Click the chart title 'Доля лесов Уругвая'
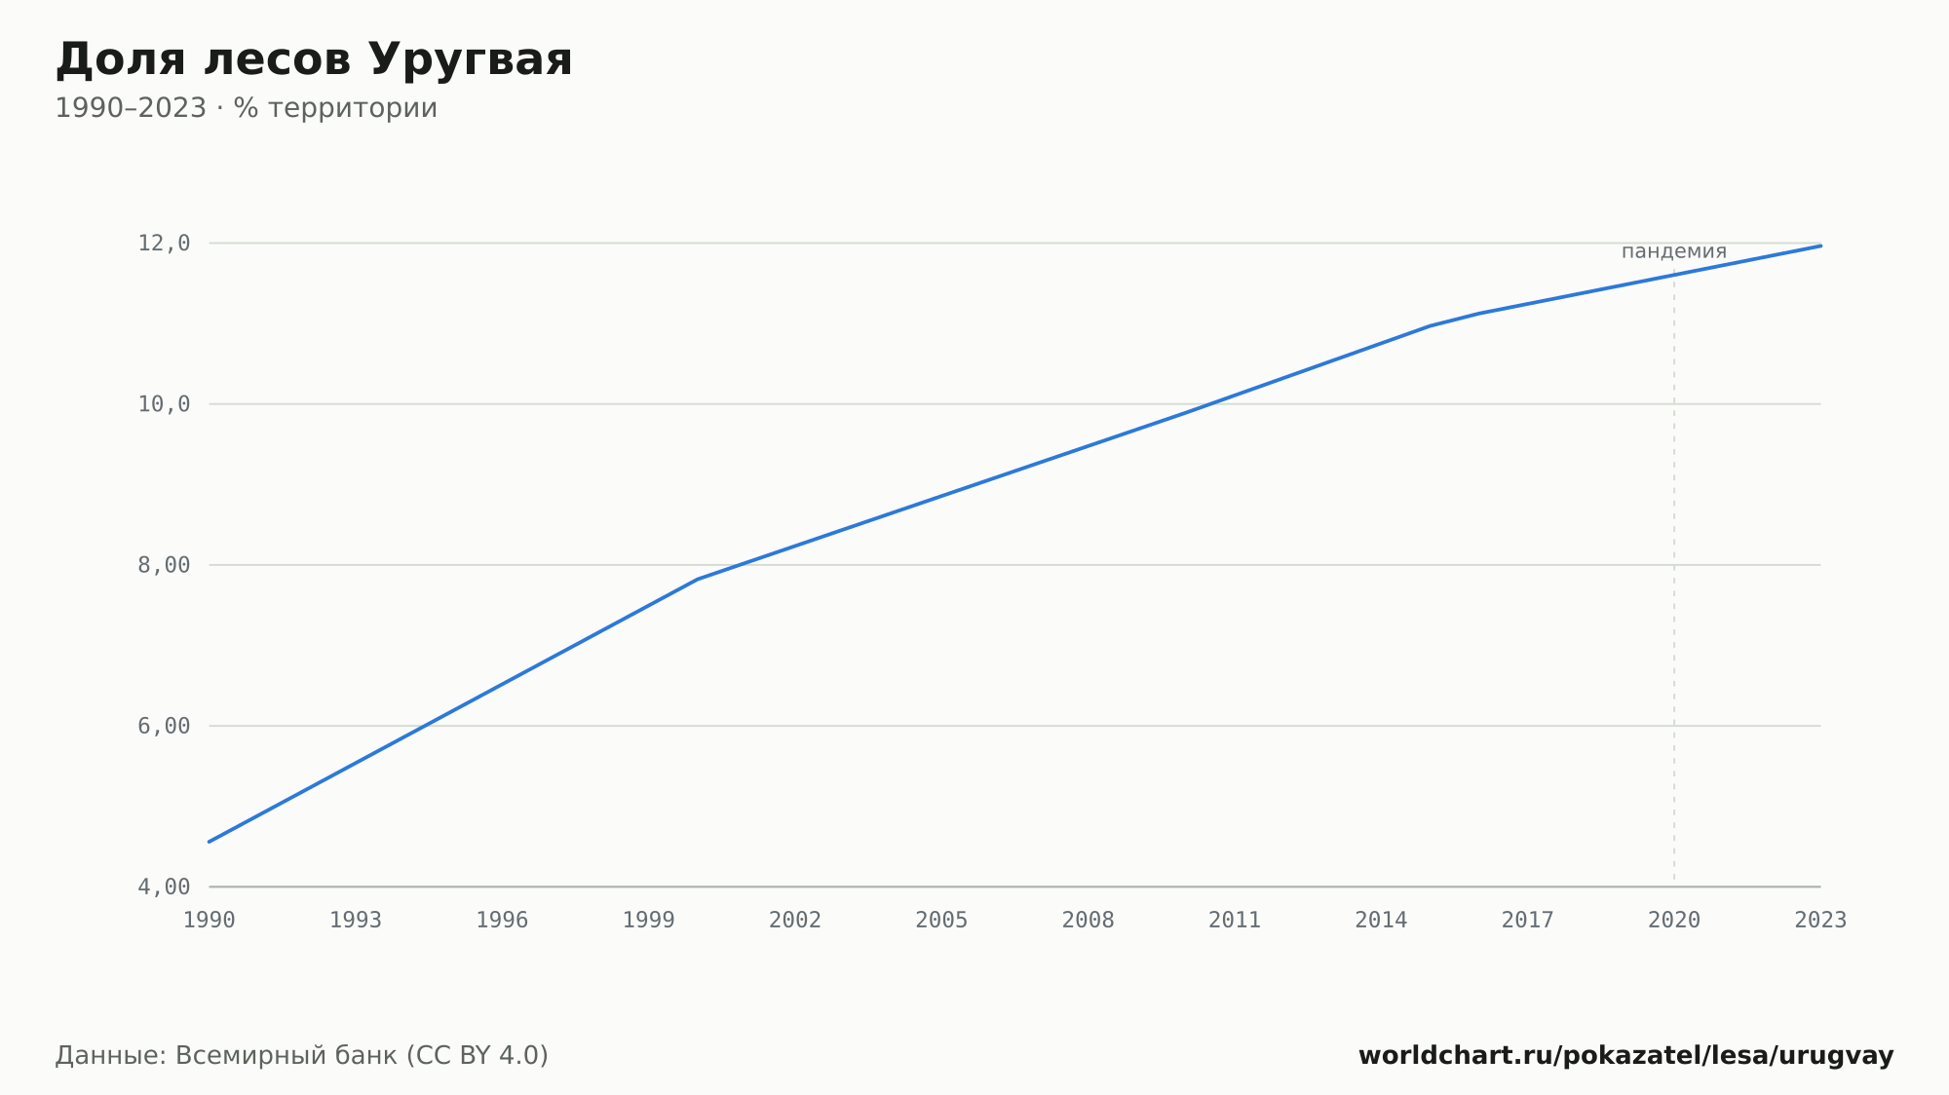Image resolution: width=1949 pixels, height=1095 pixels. (x=314, y=60)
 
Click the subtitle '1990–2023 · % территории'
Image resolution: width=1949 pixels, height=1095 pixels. (x=247, y=108)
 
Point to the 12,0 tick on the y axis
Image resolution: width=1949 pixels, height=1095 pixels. (x=164, y=244)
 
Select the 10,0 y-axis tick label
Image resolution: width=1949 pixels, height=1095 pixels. (x=164, y=404)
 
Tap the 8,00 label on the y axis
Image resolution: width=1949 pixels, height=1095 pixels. (x=164, y=565)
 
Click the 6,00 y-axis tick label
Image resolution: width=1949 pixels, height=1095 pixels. (x=164, y=726)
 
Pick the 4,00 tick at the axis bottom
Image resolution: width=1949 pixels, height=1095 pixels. (x=164, y=887)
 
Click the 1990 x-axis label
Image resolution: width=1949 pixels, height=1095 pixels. (x=210, y=921)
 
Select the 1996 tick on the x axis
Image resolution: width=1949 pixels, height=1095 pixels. (x=502, y=921)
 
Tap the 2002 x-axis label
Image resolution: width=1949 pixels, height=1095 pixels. (x=795, y=921)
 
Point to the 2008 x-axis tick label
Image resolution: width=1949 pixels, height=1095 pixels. (x=1089, y=921)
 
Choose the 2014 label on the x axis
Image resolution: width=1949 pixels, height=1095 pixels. (x=1381, y=921)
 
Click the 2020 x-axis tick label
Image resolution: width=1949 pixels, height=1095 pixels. (x=1674, y=921)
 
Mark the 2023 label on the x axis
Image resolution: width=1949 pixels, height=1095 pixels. (x=1820, y=921)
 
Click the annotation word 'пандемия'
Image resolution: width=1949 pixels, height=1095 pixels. (x=1674, y=251)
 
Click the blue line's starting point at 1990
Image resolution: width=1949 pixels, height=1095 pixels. (x=210, y=842)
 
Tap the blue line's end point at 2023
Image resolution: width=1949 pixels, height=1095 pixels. (x=1820, y=245)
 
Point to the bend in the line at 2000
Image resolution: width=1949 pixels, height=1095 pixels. (x=698, y=580)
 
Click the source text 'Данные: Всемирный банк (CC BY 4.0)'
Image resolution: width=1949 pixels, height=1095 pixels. (x=302, y=1056)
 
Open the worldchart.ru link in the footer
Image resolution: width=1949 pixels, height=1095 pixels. (x=1625, y=1056)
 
